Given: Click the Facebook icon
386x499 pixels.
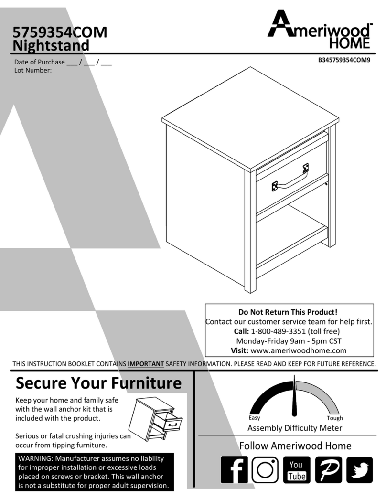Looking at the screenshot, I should click(x=234, y=469).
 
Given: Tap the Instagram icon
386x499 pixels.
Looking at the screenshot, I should click(x=265, y=469).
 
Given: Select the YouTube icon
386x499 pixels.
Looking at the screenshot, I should click(x=296, y=469).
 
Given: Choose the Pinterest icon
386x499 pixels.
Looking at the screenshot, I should click(x=328, y=469).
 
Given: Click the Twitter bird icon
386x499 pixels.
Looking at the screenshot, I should click(x=359, y=469).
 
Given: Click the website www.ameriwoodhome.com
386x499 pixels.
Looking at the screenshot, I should click(x=298, y=350).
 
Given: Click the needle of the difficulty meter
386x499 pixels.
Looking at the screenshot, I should click(x=294, y=401).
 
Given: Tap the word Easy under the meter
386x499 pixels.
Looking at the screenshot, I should click(x=254, y=418).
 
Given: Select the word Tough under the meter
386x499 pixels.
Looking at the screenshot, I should click(x=334, y=418).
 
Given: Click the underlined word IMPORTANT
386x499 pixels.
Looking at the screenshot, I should click(x=146, y=364).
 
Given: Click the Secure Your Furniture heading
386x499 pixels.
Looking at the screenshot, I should click(x=98, y=383).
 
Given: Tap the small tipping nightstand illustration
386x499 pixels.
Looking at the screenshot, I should click(x=156, y=419).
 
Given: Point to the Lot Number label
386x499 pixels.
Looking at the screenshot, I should click(x=33, y=70).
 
